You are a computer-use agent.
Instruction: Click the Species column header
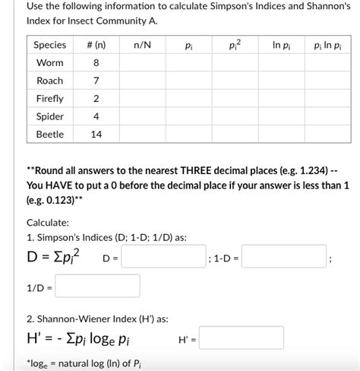[x=50, y=45]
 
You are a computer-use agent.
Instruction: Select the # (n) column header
[x=96, y=45]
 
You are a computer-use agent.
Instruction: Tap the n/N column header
[x=142, y=45]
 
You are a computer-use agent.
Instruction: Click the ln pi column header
[x=280, y=45]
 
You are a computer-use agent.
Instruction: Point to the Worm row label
[x=50, y=63]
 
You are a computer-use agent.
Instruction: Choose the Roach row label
[x=50, y=81]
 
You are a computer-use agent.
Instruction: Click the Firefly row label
[x=50, y=99]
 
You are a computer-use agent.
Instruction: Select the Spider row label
[x=50, y=116]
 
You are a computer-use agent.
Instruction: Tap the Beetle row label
[x=50, y=135]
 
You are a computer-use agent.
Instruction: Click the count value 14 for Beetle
[x=96, y=135]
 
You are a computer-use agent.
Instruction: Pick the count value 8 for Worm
[x=96, y=63]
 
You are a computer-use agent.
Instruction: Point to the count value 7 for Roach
[x=96, y=81]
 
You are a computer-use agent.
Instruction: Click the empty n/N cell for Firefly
[x=142, y=99]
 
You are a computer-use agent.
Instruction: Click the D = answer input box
[x=163, y=259]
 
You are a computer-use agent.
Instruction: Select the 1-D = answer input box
[x=283, y=259]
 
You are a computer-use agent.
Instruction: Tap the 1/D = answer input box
[x=97, y=287]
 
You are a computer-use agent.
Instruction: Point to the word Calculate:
[x=48, y=223]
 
